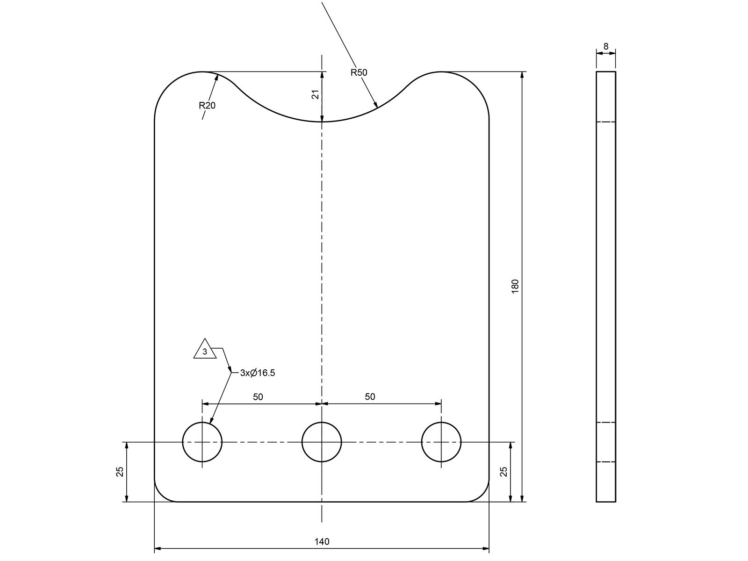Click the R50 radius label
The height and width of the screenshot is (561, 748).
tap(359, 72)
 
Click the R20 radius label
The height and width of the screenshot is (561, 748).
tap(207, 106)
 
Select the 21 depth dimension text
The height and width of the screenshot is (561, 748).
tap(316, 94)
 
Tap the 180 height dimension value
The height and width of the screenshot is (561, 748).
tap(515, 286)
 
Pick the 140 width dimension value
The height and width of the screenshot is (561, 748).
tap(322, 542)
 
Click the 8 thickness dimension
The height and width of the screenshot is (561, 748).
tap(606, 46)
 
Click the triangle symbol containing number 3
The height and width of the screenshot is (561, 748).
tap(205, 350)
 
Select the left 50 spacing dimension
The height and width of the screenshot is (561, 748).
tap(258, 397)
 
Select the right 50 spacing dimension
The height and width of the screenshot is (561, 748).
tap(370, 397)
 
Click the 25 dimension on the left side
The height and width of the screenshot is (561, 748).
tap(120, 471)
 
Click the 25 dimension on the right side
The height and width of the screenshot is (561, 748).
tap(504, 471)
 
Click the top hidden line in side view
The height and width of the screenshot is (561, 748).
tap(606, 122)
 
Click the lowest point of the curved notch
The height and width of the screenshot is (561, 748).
tap(322, 122)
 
